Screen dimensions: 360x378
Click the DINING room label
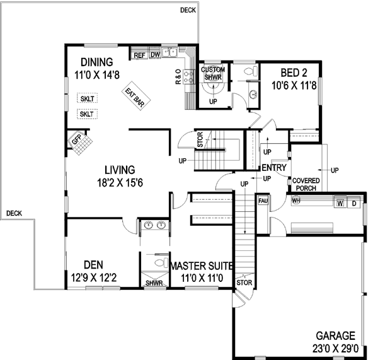click(96, 62)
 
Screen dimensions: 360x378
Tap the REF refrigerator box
click(140, 55)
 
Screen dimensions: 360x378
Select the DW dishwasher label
click(154, 55)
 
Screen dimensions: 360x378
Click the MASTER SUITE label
click(203, 265)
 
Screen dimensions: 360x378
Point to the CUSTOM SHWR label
click(212, 73)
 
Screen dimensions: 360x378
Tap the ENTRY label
click(275, 168)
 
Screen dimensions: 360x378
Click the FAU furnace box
click(263, 201)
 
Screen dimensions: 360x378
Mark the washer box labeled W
click(340, 203)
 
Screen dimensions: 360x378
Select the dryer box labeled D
click(354, 203)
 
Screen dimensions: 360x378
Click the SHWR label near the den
click(154, 283)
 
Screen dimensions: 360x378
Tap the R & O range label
click(179, 76)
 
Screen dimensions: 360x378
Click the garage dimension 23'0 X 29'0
click(335, 347)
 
